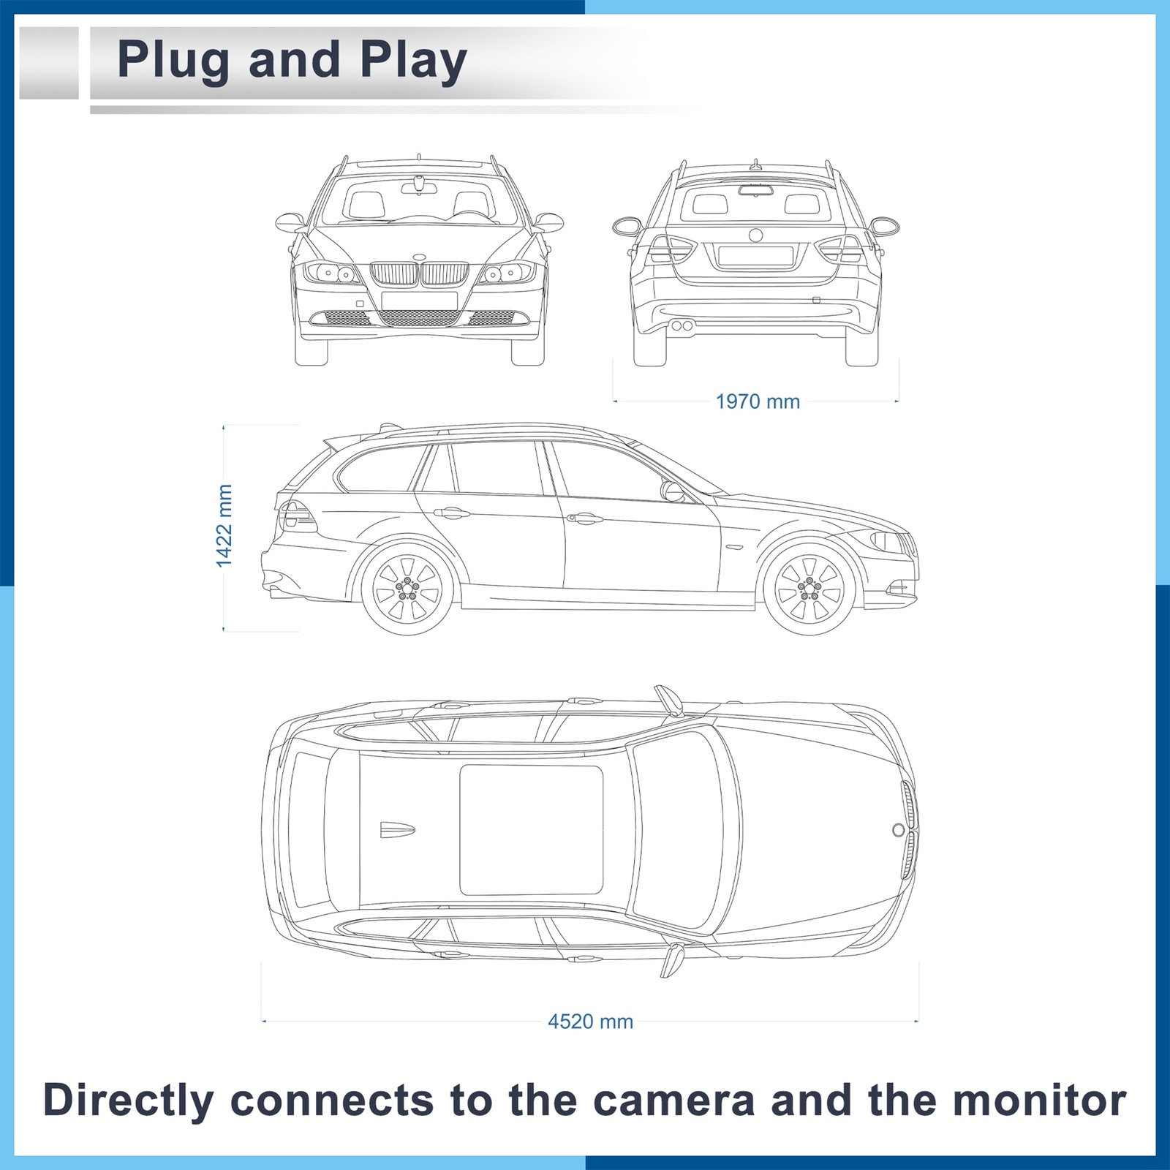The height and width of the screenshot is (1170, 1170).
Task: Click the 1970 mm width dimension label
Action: (758, 401)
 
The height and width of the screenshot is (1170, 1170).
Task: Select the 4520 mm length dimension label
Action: (590, 1022)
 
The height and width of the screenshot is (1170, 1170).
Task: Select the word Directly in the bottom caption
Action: (129, 1101)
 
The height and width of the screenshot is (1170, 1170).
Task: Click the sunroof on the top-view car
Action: (531, 830)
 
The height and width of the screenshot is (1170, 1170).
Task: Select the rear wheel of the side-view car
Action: (407, 587)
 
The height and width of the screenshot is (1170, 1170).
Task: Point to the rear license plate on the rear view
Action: (755, 255)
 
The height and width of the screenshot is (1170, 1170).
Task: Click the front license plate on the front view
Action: (419, 301)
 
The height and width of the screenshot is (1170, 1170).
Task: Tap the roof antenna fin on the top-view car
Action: (397, 830)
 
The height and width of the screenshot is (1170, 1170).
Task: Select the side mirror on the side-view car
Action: (672, 491)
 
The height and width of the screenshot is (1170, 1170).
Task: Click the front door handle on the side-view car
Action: (583, 518)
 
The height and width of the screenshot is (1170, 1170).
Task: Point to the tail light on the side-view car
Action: (296, 516)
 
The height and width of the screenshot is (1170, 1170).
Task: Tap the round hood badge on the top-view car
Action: (898, 830)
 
